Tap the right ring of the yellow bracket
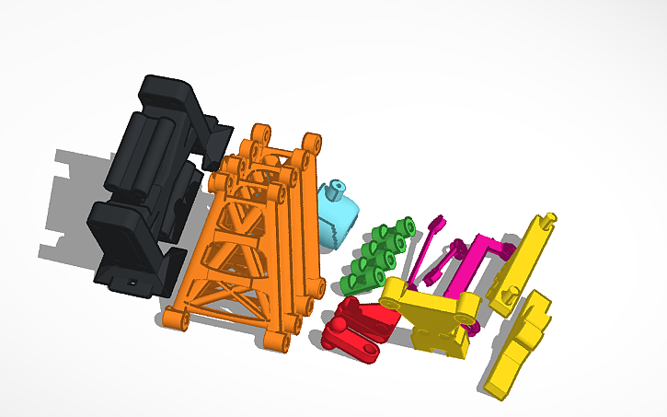[469, 307]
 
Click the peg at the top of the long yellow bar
[549, 219]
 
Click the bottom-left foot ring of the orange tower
[174, 319]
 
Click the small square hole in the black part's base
[134, 282]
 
